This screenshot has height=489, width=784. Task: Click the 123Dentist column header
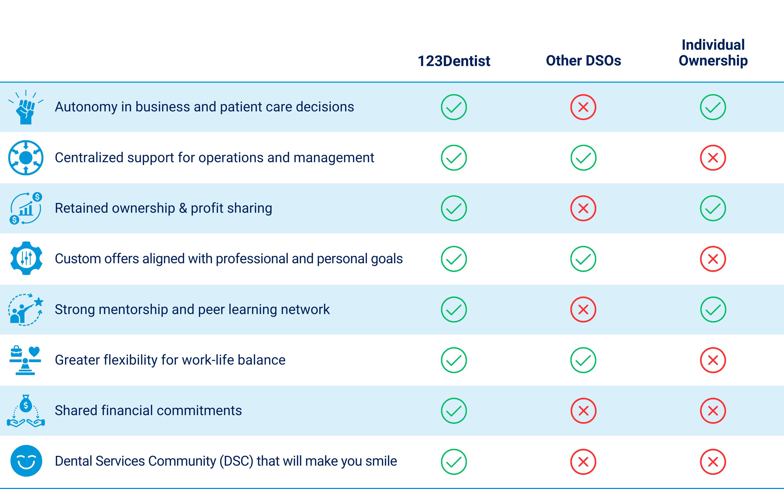tap(454, 61)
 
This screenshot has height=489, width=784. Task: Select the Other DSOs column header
tap(583, 61)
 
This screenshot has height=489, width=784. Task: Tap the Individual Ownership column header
tap(713, 53)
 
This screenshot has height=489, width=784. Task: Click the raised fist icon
tap(26, 107)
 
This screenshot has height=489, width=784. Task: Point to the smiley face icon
tap(26, 461)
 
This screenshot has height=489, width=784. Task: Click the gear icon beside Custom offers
tap(26, 258)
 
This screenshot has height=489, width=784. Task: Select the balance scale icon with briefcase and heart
tap(26, 360)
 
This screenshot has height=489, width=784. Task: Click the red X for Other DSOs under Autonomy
tap(583, 107)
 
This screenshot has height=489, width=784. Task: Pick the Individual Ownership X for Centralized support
tap(713, 158)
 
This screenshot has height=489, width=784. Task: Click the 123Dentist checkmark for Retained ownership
tap(454, 208)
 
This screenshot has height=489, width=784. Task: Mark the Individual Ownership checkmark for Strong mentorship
tap(713, 309)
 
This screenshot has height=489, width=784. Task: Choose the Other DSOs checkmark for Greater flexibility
tap(583, 360)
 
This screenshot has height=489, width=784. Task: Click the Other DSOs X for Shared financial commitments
tap(583, 411)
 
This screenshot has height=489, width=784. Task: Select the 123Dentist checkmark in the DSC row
tap(454, 462)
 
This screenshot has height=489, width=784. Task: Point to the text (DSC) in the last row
tap(236, 461)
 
